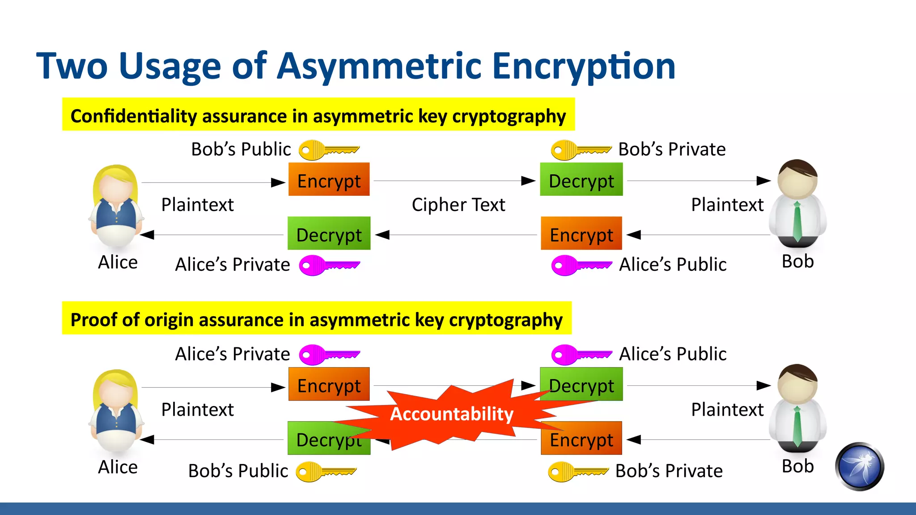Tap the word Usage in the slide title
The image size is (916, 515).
170,66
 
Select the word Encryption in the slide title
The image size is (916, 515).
584,66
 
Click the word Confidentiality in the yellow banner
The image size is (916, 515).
134,116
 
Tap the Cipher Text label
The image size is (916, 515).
458,205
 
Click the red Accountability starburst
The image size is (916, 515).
452,414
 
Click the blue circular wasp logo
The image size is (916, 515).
859,466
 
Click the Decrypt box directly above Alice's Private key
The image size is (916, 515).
329,234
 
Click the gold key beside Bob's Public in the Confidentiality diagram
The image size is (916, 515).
328,150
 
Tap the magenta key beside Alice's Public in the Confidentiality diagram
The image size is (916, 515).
581,266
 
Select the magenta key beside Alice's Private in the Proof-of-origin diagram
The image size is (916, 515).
329,355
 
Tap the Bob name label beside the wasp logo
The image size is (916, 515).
797,466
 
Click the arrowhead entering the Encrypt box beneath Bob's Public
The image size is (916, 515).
278,182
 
